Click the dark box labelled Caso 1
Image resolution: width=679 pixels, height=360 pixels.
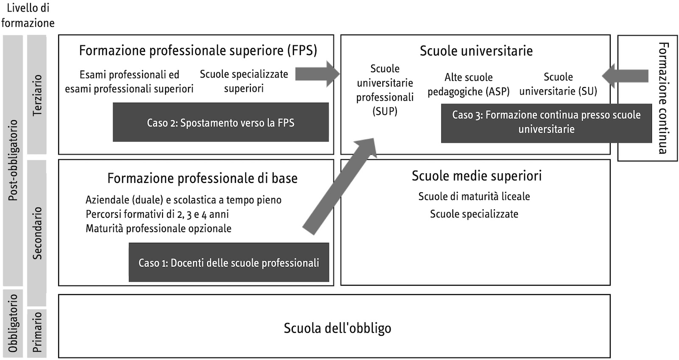pyautogui.click(x=229, y=262)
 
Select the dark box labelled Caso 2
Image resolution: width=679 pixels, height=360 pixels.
pyautogui.click(x=221, y=122)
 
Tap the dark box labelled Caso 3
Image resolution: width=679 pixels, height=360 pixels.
pyautogui.click(x=546, y=122)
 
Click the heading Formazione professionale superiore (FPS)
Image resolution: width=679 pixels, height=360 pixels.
pyautogui.click(x=198, y=51)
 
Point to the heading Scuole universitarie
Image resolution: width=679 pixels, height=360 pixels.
pyautogui.click(x=476, y=51)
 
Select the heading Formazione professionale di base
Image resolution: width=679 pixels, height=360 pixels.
pyautogui.click(x=202, y=178)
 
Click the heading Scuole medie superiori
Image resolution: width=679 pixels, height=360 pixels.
pyautogui.click(x=477, y=176)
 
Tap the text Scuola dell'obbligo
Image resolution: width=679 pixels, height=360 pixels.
pyautogui.click(x=337, y=328)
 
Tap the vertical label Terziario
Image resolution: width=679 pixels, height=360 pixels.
pyautogui.click(x=37, y=95)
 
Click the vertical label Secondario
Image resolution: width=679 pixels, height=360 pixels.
pyautogui.click(x=37, y=233)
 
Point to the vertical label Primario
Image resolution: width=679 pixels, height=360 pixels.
pyautogui.click(x=37, y=332)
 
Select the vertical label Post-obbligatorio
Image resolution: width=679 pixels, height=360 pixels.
pyautogui.click(x=13, y=160)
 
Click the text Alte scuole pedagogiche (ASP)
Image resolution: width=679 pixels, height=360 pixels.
pyautogui.click(x=469, y=84)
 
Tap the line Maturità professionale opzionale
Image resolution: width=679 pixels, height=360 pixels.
pyautogui.click(x=158, y=229)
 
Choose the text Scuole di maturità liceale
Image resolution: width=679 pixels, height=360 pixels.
pyautogui.click(x=474, y=197)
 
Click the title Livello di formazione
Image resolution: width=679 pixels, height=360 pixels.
pyautogui.click(x=28, y=15)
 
